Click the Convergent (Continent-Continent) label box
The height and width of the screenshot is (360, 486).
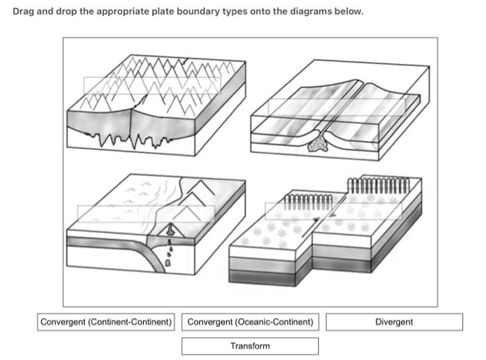point(106,322)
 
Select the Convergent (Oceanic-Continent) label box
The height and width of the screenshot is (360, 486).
point(250,322)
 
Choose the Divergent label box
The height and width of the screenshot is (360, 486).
point(394,322)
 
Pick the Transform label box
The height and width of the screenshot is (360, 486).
point(250,345)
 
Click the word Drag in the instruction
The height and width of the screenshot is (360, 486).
point(25,13)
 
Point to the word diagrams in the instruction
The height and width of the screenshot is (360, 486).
point(316,13)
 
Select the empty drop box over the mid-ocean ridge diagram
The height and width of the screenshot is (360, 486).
point(336,107)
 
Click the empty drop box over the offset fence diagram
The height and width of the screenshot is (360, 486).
point(333,211)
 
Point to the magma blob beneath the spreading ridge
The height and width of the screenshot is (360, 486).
point(319,145)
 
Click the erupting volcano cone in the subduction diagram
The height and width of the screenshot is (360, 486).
point(169,230)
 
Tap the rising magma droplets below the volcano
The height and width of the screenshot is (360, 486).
point(170,252)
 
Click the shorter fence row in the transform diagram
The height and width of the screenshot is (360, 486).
point(309,202)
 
